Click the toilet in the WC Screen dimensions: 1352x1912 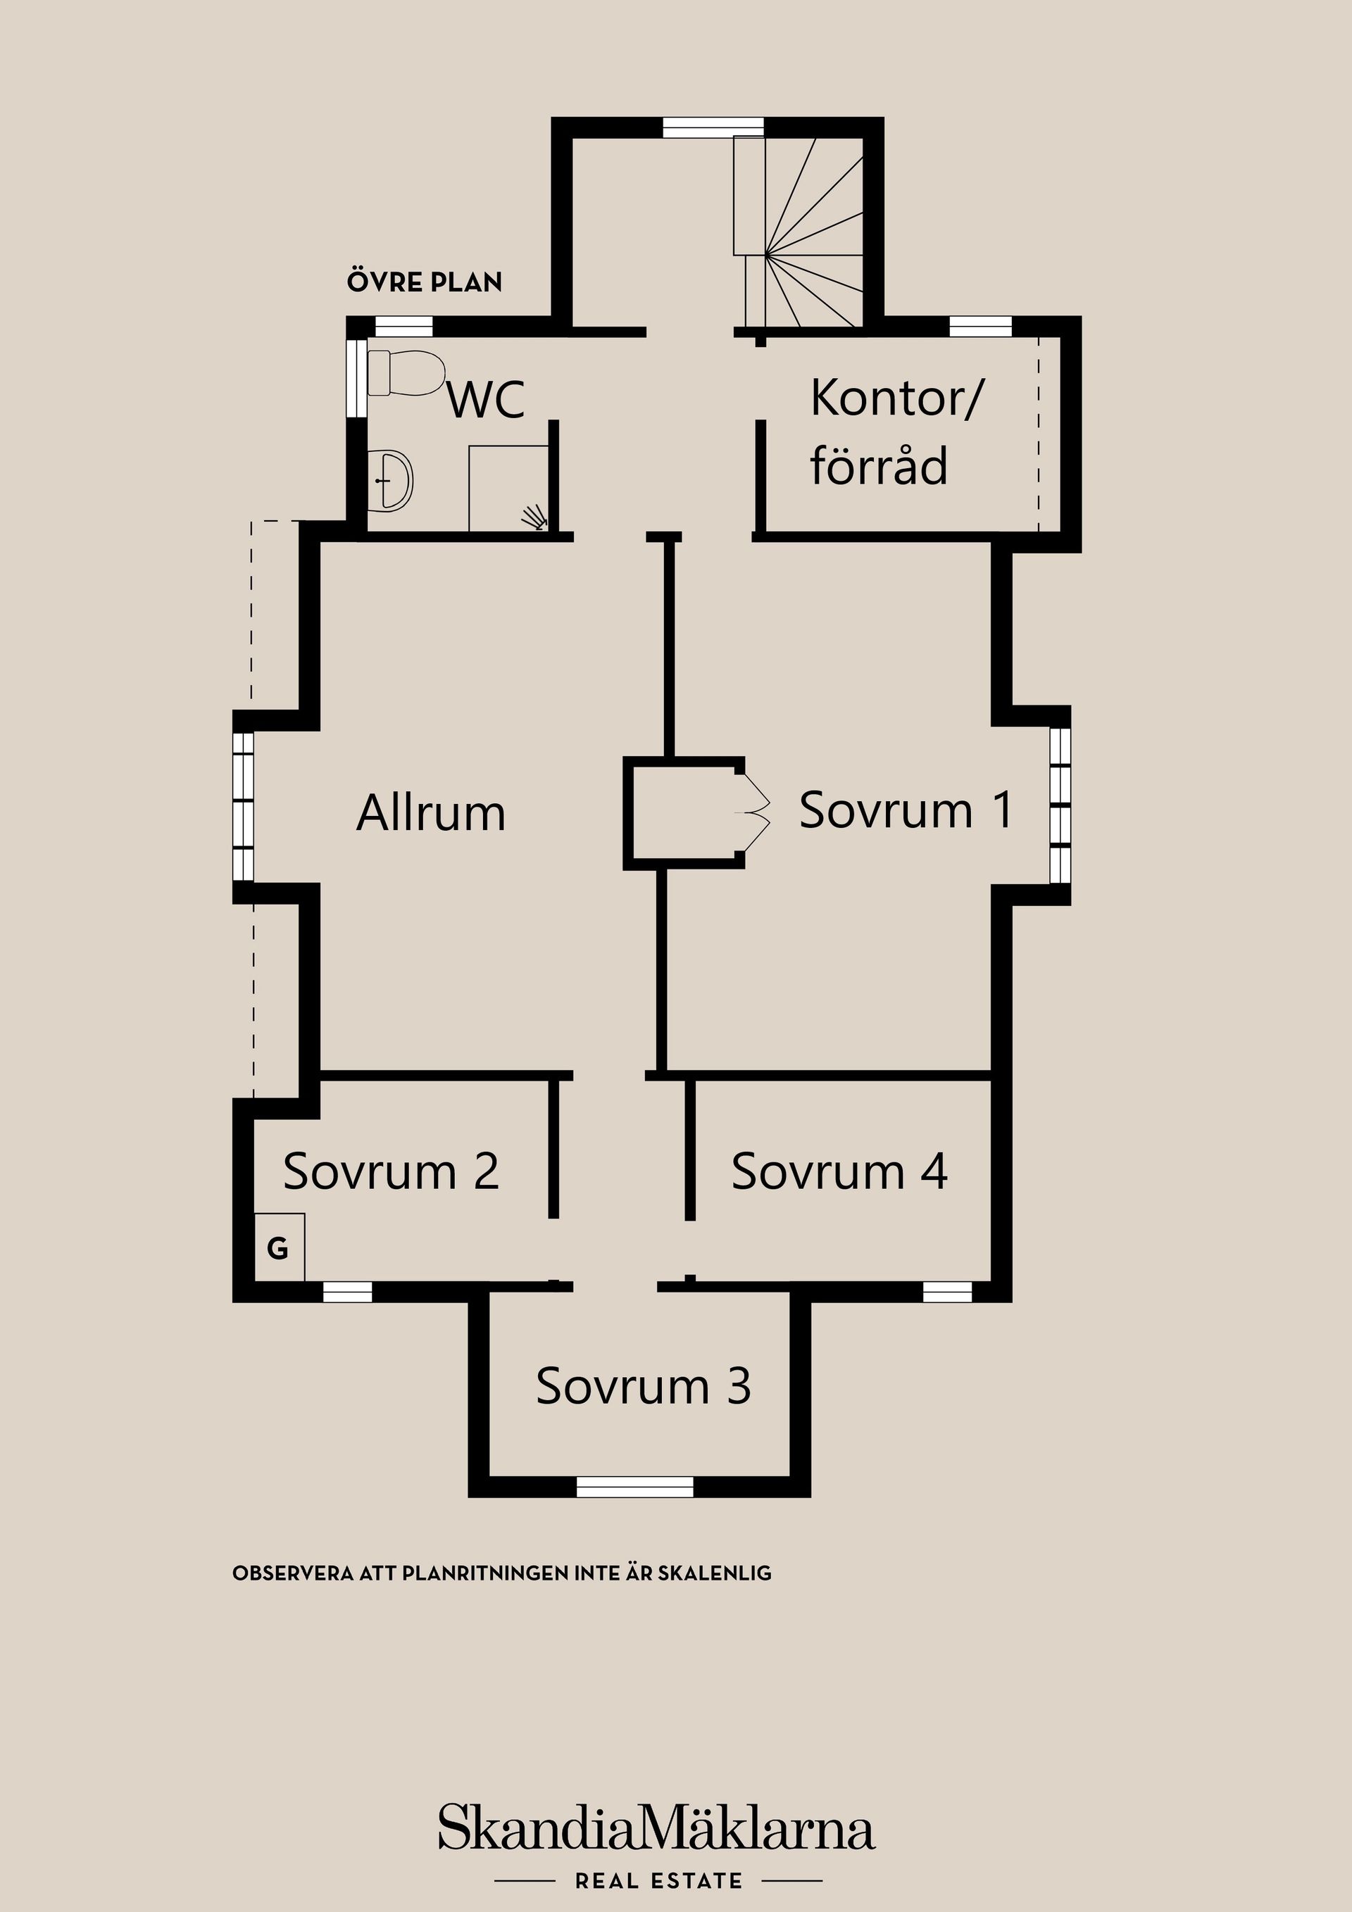405,373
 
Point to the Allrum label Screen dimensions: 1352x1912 431,813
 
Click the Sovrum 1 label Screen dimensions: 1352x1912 906,810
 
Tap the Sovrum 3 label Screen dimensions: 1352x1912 643,1387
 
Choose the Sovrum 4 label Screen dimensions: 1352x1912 839,1171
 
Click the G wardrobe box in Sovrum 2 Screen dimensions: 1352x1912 279,1247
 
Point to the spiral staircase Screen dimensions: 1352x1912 813,232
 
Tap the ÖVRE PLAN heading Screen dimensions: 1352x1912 425,282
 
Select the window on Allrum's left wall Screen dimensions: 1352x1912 243,806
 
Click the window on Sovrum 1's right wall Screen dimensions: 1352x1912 1060,805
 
